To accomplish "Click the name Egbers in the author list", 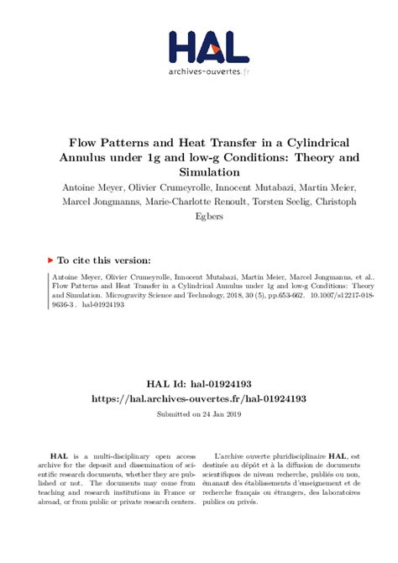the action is (x=199, y=217).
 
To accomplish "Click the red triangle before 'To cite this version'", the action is (x=51, y=261).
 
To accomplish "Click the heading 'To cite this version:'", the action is (x=104, y=261).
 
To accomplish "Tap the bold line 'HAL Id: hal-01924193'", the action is (x=199, y=382).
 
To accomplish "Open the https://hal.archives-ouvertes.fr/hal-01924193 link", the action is (x=199, y=397).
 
